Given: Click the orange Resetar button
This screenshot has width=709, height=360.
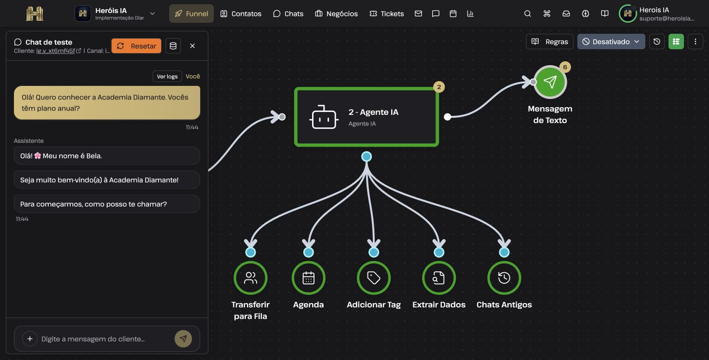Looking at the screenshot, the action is coord(136,46).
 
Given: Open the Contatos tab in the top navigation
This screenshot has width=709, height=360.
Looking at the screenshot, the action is coord(241,14).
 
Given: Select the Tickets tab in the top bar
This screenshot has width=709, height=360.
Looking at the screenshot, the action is coord(386,14).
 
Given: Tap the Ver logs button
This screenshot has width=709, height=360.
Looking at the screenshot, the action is coord(167,76).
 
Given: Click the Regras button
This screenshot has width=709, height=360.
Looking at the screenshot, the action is coord(549,42).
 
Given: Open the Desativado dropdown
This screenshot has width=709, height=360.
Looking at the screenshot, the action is coord(611,42).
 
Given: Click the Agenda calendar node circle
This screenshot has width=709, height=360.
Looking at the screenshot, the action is coord(308,278).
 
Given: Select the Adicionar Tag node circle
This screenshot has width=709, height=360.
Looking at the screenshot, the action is coord(373,278).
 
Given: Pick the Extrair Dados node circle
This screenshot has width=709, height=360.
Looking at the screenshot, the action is coord(439,278).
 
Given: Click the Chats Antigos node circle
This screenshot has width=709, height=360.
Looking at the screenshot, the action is coord(504,278).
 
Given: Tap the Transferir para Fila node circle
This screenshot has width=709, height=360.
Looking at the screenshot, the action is coord(250,278).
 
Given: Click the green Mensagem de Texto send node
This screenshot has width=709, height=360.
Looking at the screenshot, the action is coord(550,82).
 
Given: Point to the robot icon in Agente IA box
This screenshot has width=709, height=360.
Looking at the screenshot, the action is coord(324,117).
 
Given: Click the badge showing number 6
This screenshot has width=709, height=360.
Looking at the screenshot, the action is coord(565,67).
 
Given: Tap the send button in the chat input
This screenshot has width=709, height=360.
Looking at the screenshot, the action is coord(183,339).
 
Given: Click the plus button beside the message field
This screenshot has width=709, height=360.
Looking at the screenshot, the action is coord(30,339).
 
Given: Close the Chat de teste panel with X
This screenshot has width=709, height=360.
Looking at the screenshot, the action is coord(192,46).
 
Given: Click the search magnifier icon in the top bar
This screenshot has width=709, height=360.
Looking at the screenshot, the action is coord(527,14).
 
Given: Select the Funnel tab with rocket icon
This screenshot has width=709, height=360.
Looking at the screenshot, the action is coord(191,14).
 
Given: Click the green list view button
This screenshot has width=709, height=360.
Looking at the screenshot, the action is coord(676,42).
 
